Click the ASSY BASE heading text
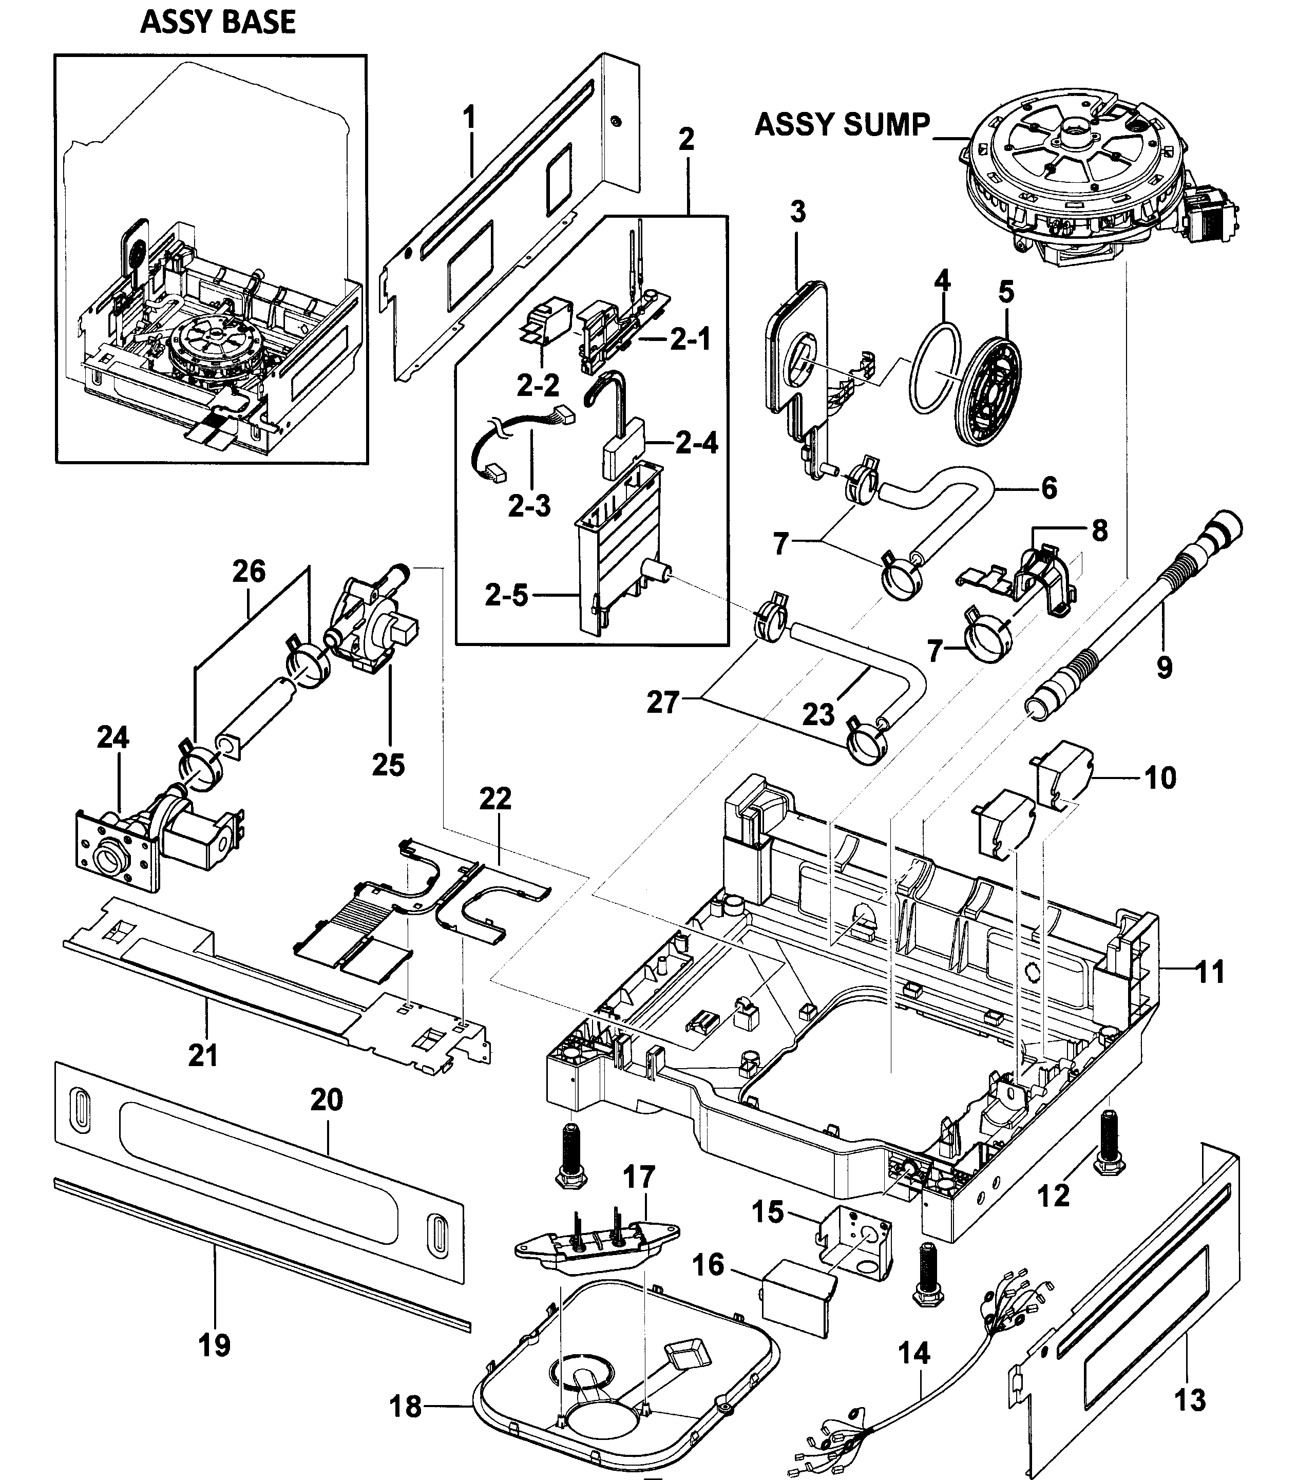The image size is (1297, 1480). (218, 23)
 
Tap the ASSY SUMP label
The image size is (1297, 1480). (842, 124)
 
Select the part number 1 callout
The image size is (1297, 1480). (470, 117)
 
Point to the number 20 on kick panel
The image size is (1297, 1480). (327, 1099)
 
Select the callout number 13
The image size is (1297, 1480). (1190, 1400)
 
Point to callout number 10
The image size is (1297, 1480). (1160, 778)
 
